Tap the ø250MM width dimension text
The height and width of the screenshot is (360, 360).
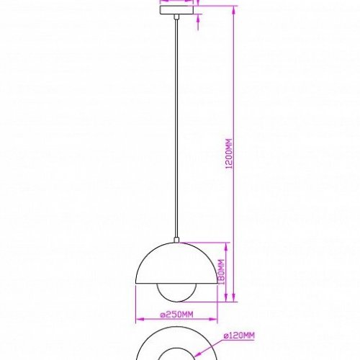tap(176, 315)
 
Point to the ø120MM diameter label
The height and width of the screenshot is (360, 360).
tap(238, 336)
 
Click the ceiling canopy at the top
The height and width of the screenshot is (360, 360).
tap(176, 6)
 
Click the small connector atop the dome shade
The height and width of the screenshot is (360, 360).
tap(176, 240)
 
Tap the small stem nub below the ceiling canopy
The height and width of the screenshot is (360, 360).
tap(176, 14)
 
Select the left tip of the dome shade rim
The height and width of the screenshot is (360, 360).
tap(135, 282)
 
